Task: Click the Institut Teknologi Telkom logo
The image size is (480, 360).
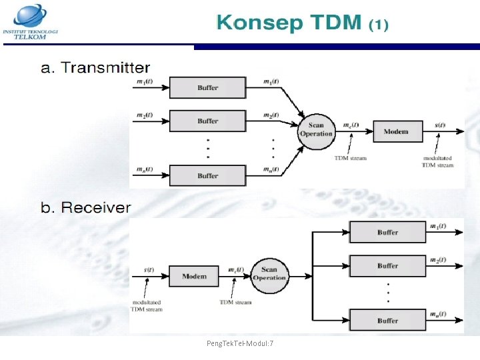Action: [x=31, y=21]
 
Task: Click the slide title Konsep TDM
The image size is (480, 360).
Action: [x=301, y=23]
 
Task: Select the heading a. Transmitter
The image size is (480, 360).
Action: [x=95, y=68]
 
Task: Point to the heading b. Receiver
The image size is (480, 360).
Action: [x=86, y=207]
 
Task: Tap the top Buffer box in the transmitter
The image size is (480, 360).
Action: [x=207, y=88]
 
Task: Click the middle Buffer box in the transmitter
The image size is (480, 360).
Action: [x=207, y=121]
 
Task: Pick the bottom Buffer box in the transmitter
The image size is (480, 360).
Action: [x=207, y=176]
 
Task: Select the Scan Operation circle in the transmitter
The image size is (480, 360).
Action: [x=316, y=129]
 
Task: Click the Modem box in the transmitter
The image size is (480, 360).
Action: [x=395, y=131]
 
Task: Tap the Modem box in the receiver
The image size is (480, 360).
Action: [x=194, y=276]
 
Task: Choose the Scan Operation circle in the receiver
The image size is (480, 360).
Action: [x=269, y=273]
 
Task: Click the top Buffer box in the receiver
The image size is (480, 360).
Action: [x=387, y=233]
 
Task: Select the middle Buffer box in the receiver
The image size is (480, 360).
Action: [x=387, y=266]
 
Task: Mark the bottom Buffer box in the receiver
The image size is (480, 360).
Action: [x=387, y=321]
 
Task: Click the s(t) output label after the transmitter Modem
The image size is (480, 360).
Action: [x=440, y=125]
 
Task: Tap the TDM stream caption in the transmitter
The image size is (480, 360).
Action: [x=350, y=158]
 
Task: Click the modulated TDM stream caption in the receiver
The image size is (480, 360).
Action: [x=146, y=305]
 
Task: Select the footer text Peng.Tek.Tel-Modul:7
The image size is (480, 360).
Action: [x=244, y=343]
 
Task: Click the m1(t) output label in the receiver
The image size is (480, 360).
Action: [x=439, y=227]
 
